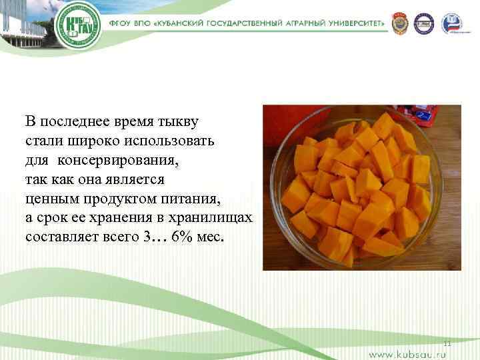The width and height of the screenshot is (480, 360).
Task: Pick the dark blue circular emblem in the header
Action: [423, 23]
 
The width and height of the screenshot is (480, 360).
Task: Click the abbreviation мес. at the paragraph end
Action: [213, 238]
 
